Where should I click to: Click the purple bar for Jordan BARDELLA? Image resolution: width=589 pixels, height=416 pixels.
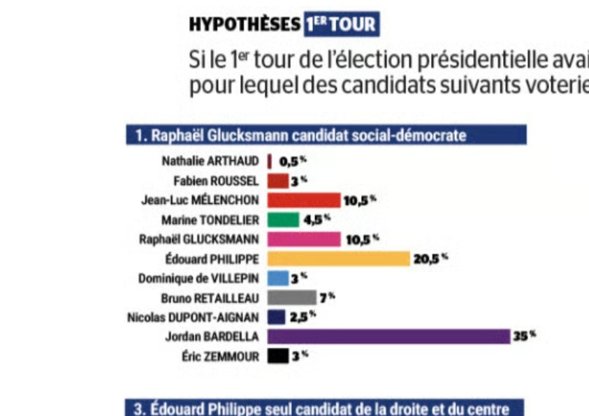pyautogui.click(x=388, y=336)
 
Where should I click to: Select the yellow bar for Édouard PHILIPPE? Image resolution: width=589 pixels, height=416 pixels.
pyautogui.click(x=338, y=259)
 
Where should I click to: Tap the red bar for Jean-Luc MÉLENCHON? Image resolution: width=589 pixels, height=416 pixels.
pyautogui.click(x=303, y=200)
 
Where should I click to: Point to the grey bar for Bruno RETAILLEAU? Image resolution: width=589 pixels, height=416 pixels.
pyautogui.click(x=291, y=298)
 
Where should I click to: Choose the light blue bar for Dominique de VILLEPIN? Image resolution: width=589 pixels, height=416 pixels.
pyautogui.click(x=278, y=278)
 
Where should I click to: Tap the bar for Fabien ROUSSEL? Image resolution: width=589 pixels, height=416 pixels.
pyautogui.click(x=278, y=181)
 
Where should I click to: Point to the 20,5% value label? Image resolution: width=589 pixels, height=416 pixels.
pyautogui.click(x=429, y=259)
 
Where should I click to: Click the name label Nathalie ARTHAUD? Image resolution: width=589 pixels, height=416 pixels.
pyautogui.click(x=210, y=161)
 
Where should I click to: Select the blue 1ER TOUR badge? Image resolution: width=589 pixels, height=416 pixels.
pyautogui.click(x=341, y=25)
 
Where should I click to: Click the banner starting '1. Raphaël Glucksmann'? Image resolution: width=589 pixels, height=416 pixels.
pyautogui.click(x=326, y=135)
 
